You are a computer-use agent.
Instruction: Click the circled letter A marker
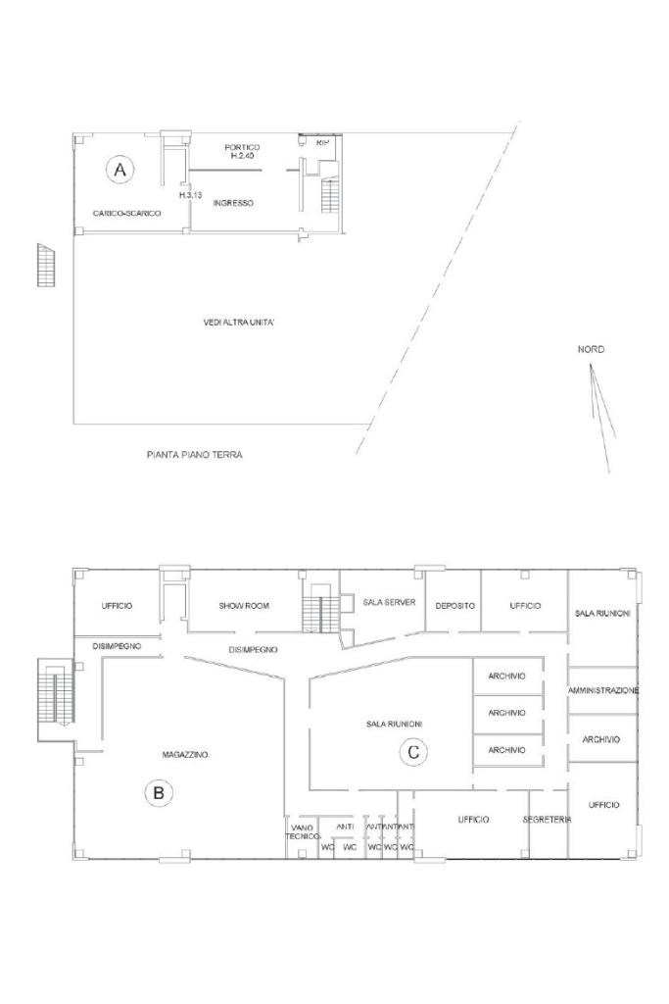point(119,170)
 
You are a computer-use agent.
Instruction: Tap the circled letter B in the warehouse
point(159,793)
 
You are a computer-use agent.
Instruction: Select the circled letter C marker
point(413,751)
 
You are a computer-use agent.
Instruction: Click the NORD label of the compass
point(591,350)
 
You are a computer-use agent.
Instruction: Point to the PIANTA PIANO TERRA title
point(195,455)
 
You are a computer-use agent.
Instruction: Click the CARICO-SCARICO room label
point(126,213)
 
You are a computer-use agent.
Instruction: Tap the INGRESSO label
point(233,203)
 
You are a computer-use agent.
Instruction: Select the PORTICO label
point(242,147)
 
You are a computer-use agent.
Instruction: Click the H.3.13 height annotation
point(191,195)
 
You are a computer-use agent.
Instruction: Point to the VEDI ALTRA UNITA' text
point(239,323)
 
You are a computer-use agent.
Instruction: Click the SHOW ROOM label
point(244,606)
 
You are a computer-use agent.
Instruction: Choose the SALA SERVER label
point(389,603)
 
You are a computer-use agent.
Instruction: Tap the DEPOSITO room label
point(454,606)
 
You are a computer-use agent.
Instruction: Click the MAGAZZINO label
point(185,755)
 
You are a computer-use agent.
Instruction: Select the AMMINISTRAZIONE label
point(603,691)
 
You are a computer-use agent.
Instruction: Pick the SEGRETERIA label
point(547,820)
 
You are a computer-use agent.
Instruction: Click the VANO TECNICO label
point(302,832)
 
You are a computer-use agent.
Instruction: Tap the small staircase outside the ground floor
point(47,265)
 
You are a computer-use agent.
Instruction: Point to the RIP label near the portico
point(322,143)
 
